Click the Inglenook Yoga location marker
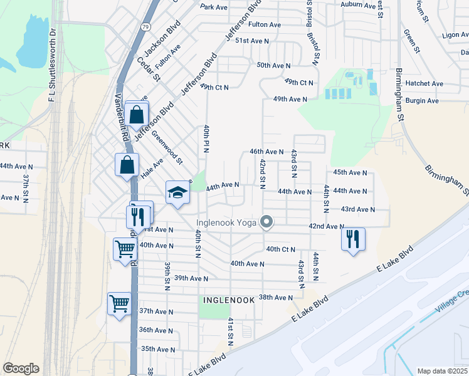tap(267, 222)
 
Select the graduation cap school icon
tap(177, 192)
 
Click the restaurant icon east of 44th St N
tap(353, 239)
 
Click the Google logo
tap(21, 368)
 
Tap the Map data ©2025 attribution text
tap(443, 371)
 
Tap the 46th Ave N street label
tap(267, 152)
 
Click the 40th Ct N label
tap(280, 249)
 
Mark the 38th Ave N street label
tap(276, 297)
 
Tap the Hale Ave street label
tap(151, 169)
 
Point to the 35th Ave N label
tap(157, 349)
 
